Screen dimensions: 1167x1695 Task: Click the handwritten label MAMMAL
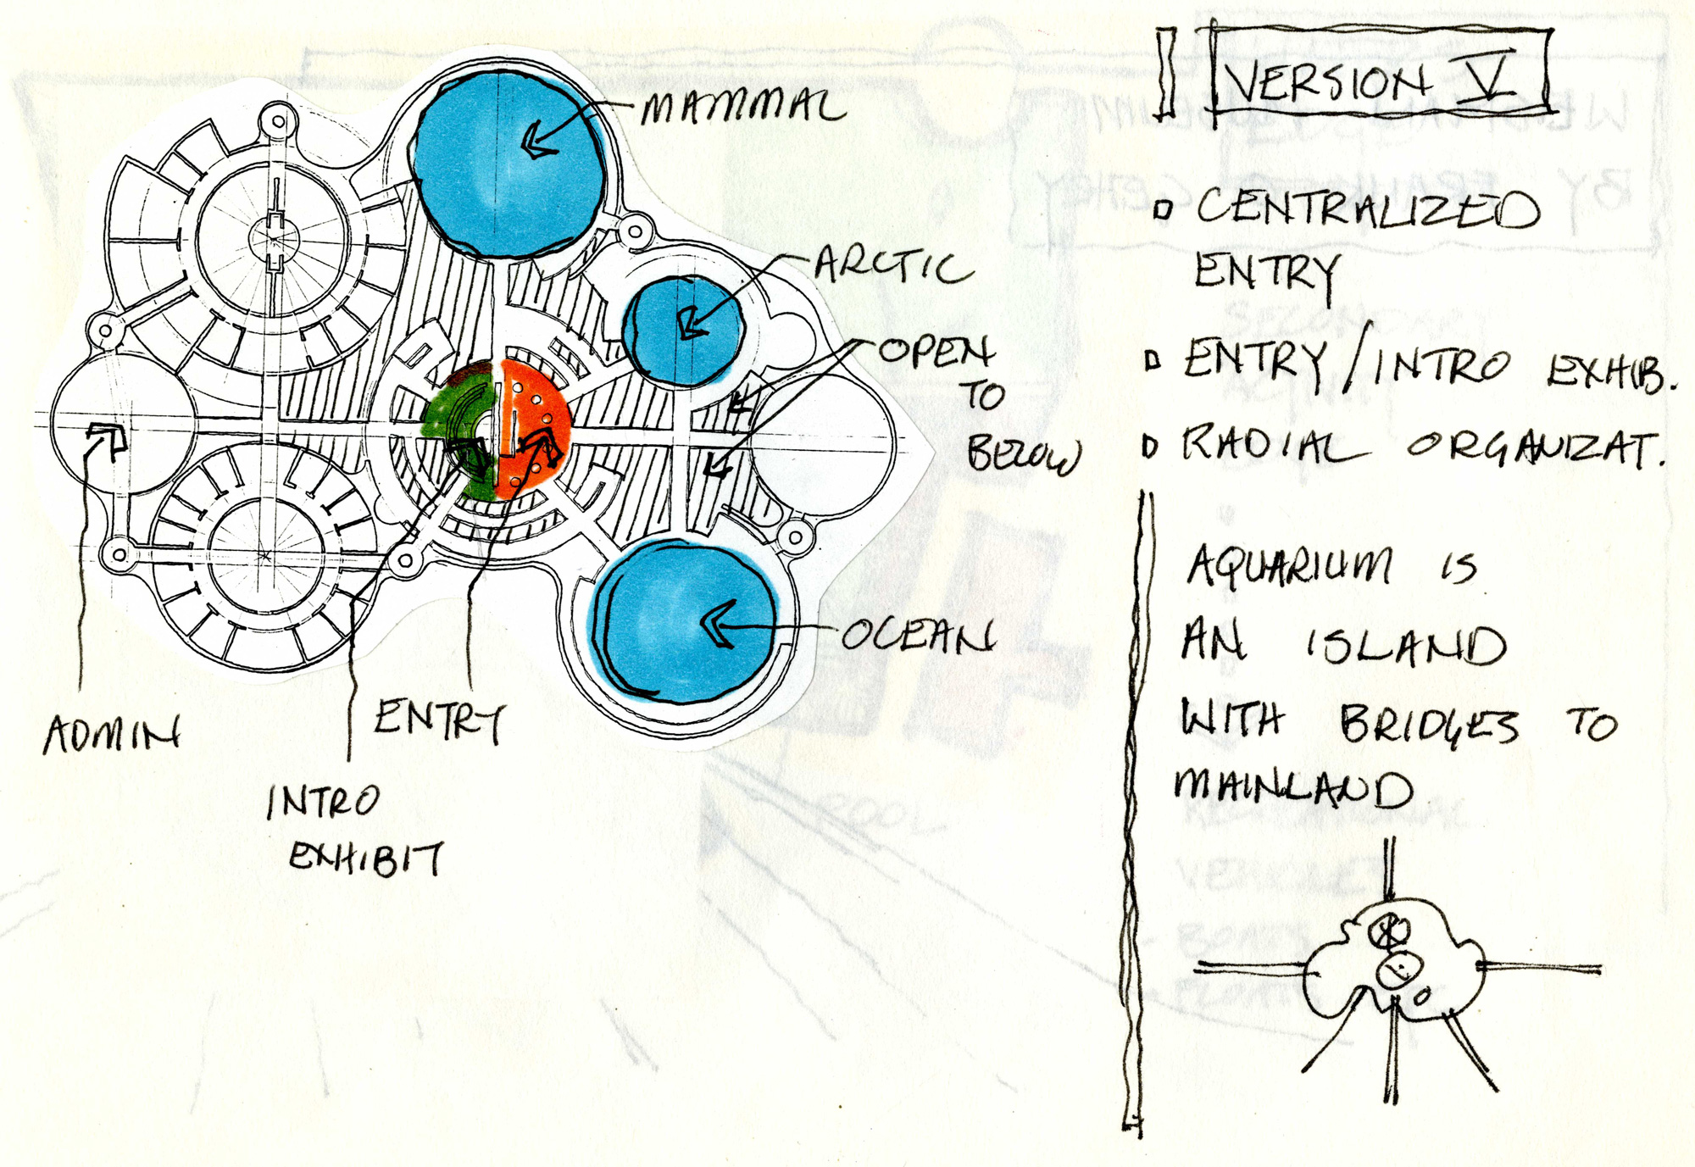point(742,107)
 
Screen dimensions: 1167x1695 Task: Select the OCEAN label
point(917,634)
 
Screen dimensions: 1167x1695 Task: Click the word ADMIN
point(112,733)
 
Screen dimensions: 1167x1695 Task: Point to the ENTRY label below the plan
point(439,720)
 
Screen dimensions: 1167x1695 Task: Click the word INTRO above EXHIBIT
point(323,802)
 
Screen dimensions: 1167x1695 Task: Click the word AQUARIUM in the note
point(1289,565)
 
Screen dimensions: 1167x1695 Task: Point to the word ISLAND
point(1405,646)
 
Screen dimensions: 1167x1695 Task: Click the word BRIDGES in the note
point(1429,725)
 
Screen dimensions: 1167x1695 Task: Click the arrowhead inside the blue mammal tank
point(539,141)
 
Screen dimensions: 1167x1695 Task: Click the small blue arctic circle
point(683,330)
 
